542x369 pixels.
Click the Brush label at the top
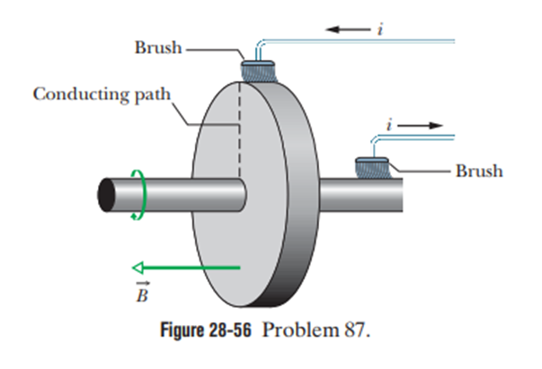click(157, 48)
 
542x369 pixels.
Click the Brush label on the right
click(478, 171)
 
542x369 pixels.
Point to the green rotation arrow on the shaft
click(138, 191)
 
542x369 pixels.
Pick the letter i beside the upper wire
click(380, 31)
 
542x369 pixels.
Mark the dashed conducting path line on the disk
click(240, 135)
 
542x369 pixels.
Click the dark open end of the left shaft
click(106, 191)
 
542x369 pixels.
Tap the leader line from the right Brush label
click(422, 170)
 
